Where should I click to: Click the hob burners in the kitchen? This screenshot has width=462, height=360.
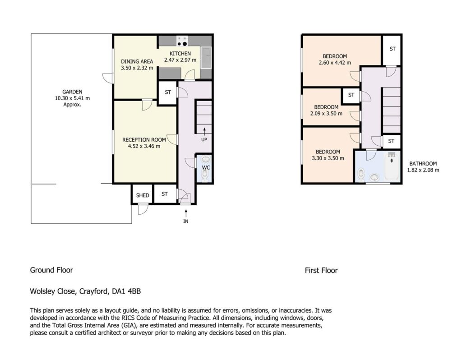[182, 41]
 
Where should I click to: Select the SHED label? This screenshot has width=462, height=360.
[143, 195]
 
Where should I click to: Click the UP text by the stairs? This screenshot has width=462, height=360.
[204, 140]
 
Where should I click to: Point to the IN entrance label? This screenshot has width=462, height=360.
[185, 221]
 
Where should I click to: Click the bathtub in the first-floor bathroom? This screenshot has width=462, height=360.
[392, 166]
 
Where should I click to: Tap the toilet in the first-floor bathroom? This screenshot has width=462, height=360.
[361, 175]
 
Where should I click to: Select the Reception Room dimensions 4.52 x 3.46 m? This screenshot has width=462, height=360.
[144, 146]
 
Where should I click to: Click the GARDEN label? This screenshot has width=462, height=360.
[72, 92]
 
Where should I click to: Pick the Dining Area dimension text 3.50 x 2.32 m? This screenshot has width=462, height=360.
[137, 68]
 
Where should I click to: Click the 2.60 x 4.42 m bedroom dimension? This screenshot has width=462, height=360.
[335, 63]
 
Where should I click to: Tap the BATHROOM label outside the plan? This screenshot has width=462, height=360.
[423, 163]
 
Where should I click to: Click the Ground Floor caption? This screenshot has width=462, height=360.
[51, 270]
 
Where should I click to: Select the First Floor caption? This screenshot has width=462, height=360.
[321, 270]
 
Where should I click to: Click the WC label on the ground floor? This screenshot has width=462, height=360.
[206, 168]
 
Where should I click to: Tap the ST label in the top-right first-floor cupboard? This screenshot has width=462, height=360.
[393, 49]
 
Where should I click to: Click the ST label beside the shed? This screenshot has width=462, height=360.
[165, 194]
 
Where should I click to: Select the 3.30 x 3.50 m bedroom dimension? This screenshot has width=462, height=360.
[328, 158]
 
